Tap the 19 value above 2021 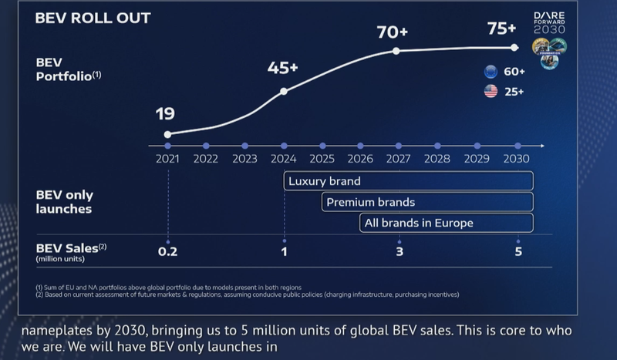tap(164, 114)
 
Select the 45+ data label tap(282, 68)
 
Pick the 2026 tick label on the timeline tap(360, 160)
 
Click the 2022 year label tap(206, 160)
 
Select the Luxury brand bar tap(409, 182)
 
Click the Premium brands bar tap(428, 202)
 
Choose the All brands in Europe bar tap(447, 223)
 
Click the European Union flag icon tap(490, 72)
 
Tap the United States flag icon tap(490, 92)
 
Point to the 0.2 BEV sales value tap(167, 251)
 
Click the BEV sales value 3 tap(399, 251)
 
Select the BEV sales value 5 tap(518, 251)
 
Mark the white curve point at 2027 tap(396, 51)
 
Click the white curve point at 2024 tap(284, 91)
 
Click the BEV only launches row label tap(65, 201)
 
